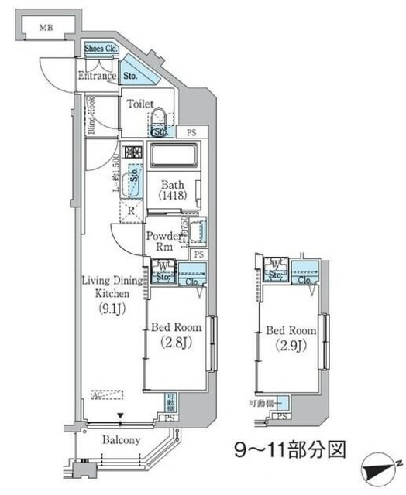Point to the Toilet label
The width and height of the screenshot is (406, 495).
click(x=141, y=104)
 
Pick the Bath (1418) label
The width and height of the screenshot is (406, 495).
click(x=171, y=190)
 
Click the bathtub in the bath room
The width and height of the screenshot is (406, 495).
click(x=175, y=154)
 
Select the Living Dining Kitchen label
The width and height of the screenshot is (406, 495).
click(x=113, y=288)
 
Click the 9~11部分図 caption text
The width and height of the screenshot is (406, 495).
click(x=285, y=449)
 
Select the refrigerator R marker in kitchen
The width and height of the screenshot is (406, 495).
click(x=132, y=209)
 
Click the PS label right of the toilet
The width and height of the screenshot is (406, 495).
click(x=191, y=132)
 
